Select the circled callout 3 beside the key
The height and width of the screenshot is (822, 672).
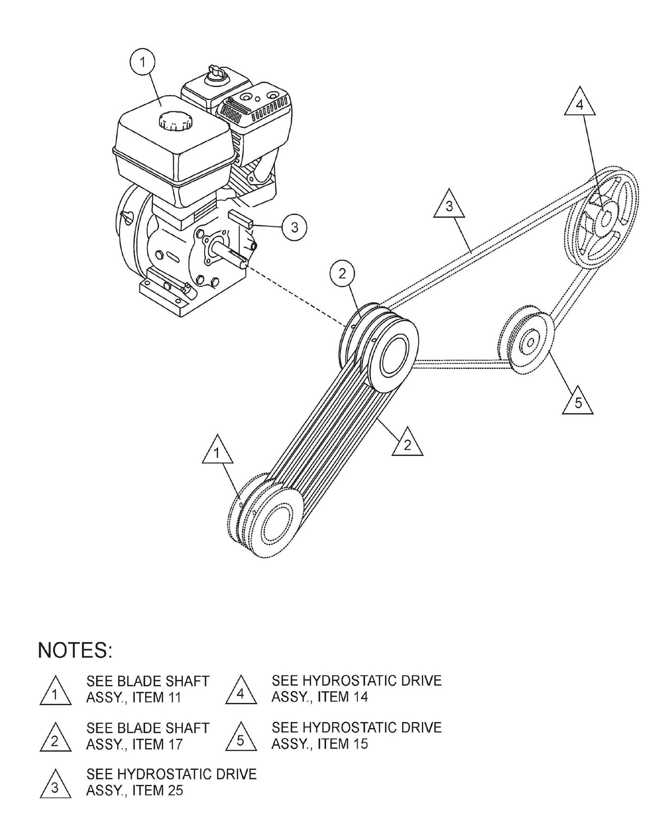click(294, 227)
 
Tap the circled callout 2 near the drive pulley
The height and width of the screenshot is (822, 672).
click(342, 274)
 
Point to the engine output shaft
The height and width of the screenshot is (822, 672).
click(230, 256)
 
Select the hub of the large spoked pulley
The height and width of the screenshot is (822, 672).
click(606, 219)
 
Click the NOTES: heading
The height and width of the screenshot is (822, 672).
click(75, 651)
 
